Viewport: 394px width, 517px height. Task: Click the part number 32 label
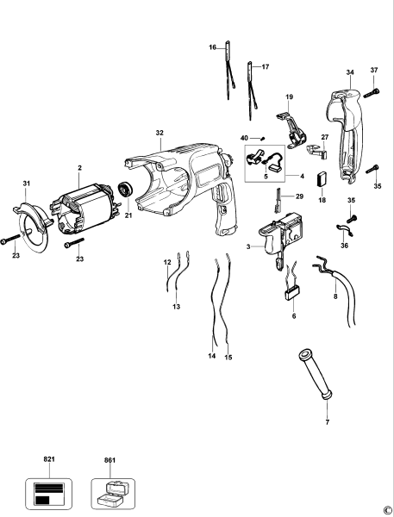159,133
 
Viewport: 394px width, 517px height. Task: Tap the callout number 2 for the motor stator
79,168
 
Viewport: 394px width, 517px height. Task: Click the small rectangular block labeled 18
322,181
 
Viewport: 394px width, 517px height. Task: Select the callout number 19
290,97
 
